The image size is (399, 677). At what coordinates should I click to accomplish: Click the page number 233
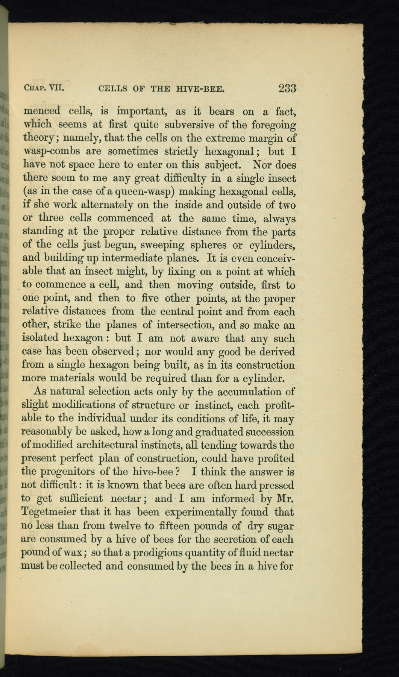coord(287,88)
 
